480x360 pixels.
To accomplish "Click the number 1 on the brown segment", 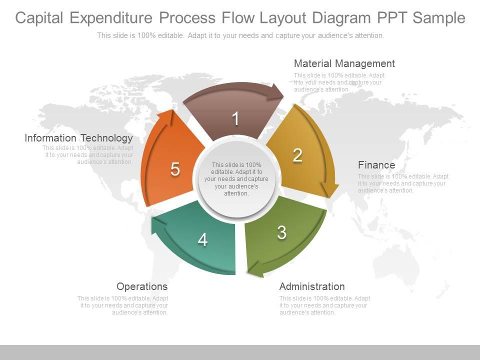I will point(235,119).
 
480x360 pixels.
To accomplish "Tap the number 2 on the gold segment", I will point(297,155).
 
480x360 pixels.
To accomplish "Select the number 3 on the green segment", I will point(282,232).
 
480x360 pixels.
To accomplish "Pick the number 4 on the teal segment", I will point(202,240).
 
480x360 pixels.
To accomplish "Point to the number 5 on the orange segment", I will point(175,169).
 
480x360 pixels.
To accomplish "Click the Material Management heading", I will point(344,63).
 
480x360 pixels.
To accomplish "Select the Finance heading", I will point(376,165).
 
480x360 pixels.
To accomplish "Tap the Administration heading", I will point(311,286).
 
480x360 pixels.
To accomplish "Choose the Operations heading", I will point(142,286).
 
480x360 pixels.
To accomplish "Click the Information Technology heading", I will point(78,138).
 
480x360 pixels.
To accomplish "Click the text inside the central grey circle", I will point(236,179).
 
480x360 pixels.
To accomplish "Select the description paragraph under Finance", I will point(403,183).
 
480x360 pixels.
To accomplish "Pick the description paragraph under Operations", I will point(122,305).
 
